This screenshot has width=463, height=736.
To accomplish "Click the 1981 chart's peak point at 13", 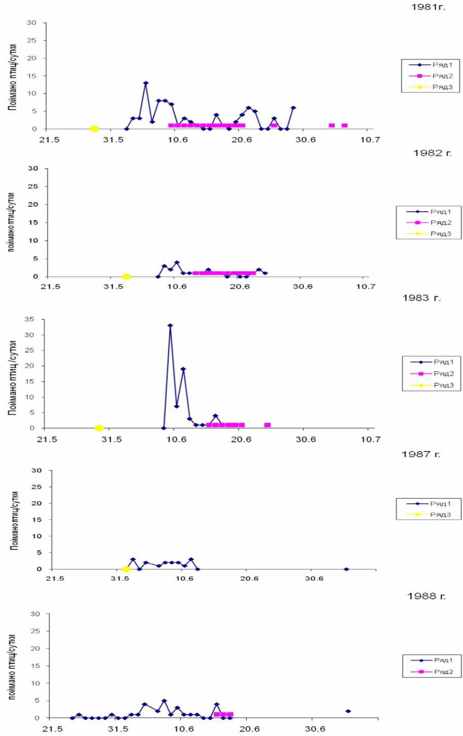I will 146,83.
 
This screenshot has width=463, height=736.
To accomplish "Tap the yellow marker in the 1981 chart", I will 94,129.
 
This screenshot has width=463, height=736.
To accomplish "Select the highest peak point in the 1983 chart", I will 170,325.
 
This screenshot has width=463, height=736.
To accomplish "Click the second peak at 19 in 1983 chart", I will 183,369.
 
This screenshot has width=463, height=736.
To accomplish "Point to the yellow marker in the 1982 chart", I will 126,277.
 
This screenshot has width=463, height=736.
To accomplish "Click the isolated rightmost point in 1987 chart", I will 346,569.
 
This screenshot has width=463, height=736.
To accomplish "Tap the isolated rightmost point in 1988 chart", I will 348,711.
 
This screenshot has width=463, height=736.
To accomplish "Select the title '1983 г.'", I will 421,298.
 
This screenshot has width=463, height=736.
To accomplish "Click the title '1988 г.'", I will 426,596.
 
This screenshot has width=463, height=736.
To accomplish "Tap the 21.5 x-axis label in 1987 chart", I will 55,579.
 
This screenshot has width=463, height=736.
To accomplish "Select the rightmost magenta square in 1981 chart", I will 344,125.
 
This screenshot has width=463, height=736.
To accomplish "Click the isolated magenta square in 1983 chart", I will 267,425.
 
